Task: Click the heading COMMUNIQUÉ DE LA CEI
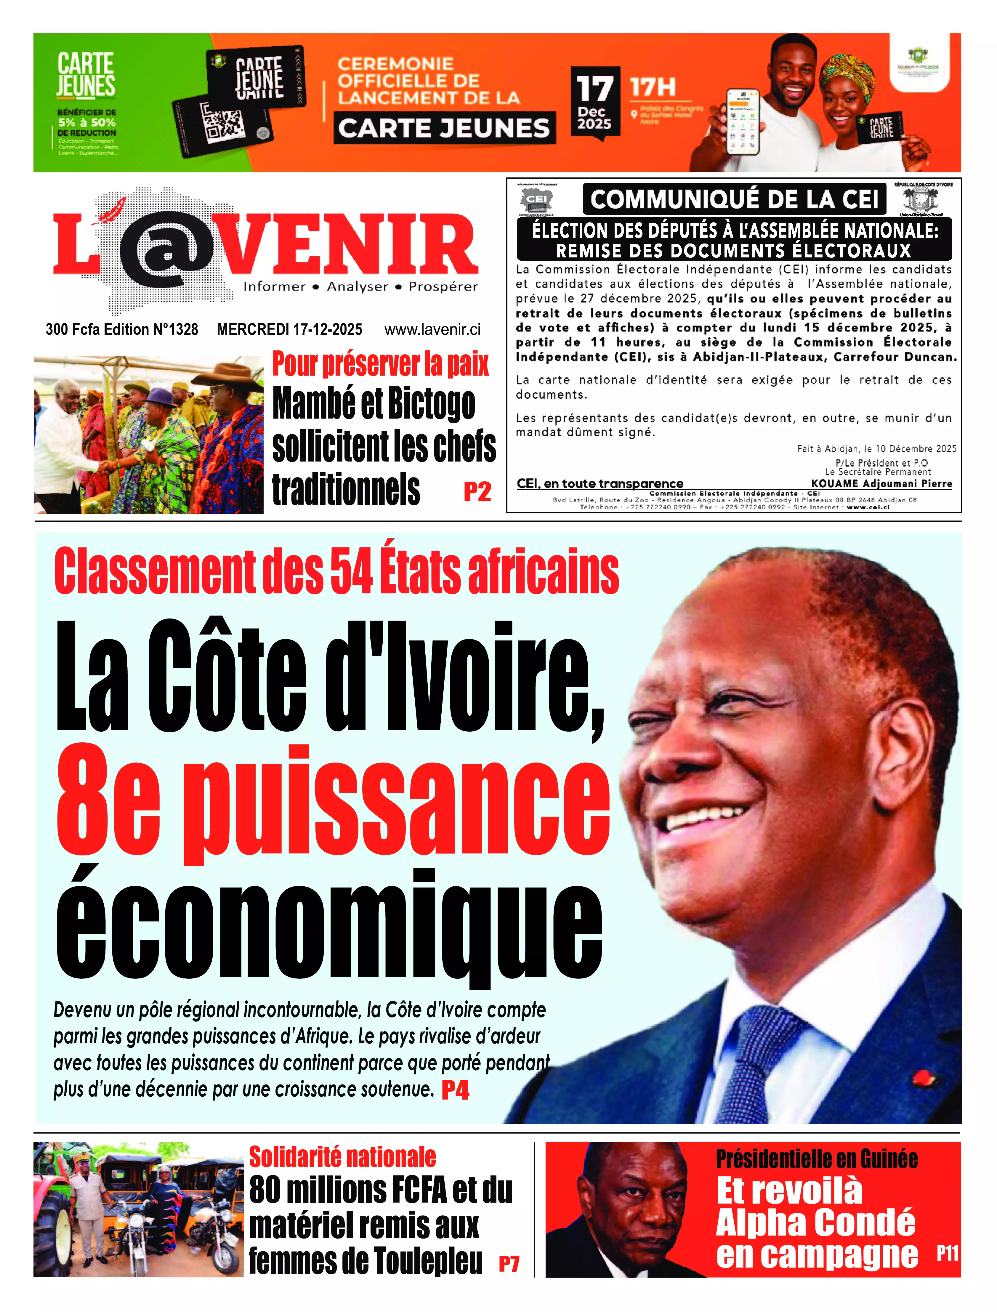(734, 199)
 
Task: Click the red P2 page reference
(477, 492)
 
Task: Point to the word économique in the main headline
(329, 926)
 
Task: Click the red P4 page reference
(455, 1090)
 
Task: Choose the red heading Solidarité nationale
(342, 1157)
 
